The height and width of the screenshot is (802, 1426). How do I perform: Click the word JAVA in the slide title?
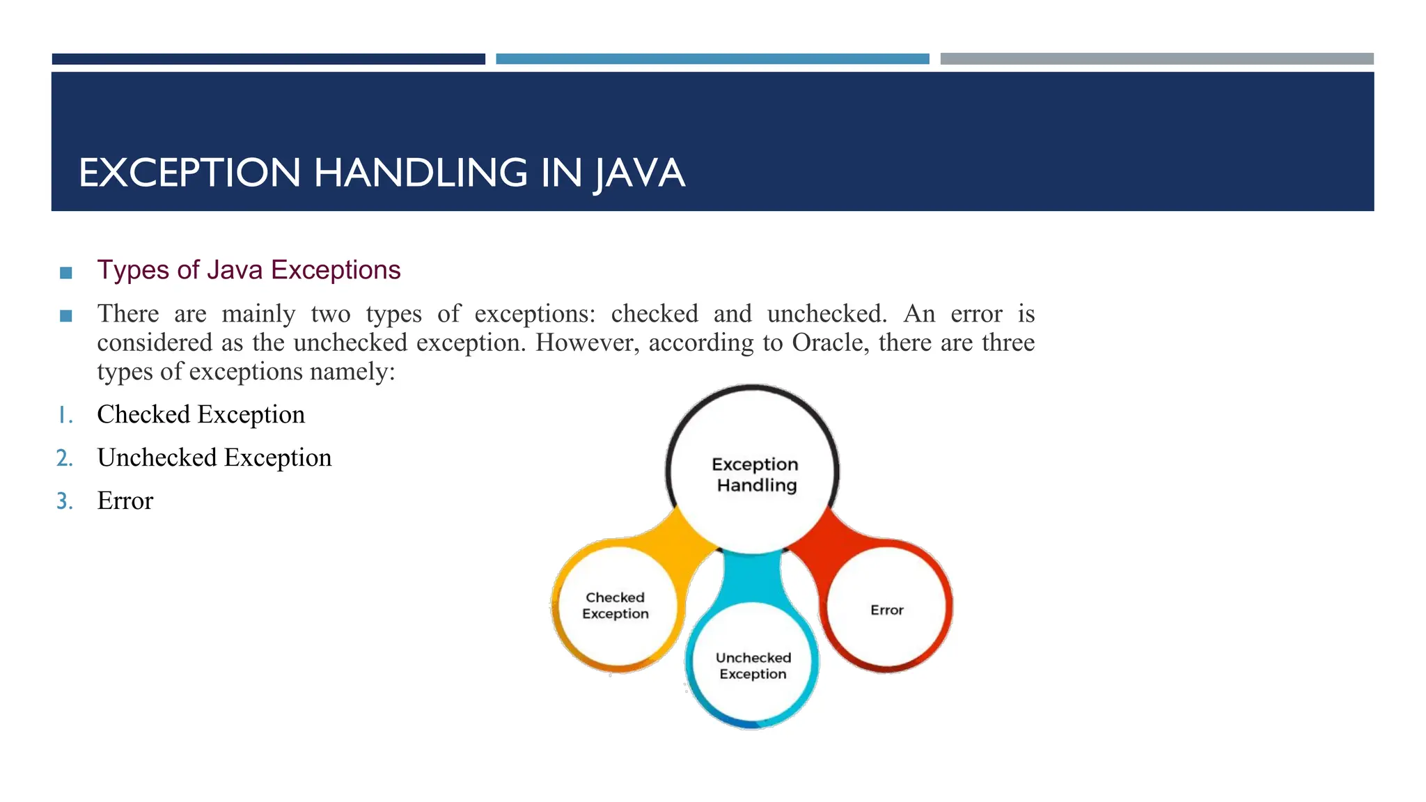point(639,173)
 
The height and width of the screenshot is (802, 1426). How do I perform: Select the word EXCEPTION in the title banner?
point(189,173)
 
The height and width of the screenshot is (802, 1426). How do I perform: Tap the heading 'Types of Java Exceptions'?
point(249,270)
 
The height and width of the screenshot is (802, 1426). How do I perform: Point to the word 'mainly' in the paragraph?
point(258,314)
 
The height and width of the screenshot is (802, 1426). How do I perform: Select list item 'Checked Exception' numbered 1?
point(201,415)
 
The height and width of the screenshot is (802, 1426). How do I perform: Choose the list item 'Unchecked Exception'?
point(214,458)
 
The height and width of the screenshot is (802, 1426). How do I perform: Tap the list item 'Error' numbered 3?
point(125,501)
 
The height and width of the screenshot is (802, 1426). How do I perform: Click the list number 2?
point(65,458)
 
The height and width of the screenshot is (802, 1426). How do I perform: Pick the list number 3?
point(65,501)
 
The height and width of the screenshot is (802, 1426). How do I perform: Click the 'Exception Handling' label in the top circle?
point(755,475)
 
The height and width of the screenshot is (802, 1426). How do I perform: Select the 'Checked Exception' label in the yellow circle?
point(616,606)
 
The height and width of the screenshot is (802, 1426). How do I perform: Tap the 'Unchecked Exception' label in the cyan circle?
point(753,666)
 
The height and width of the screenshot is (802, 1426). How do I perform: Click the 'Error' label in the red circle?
point(886,611)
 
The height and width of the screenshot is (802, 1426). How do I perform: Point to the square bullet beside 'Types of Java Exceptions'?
point(66,273)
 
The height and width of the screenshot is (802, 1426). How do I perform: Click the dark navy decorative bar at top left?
point(268,59)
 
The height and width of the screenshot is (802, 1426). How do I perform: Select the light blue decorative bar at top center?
point(712,59)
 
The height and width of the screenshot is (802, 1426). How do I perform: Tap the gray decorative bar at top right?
point(1157,59)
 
